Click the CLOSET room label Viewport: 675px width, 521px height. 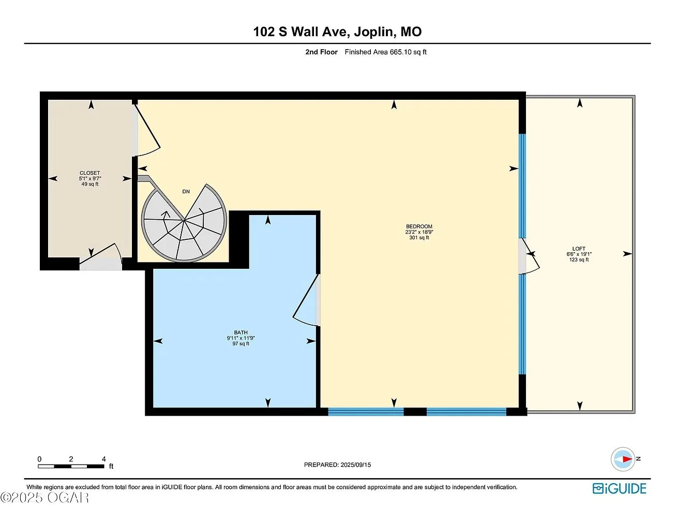click(x=90, y=173)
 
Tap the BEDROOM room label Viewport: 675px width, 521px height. click(x=419, y=226)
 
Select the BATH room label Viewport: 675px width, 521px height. click(x=241, y=332)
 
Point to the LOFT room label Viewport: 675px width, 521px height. click(x=579, y=249)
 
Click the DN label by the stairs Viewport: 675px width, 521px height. click(x=186, y=191)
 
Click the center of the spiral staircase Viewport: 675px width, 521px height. click(x=184, y=221)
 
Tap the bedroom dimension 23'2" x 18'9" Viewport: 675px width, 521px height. click(x=419, y=232)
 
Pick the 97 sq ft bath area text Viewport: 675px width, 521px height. click(x=241, y=344)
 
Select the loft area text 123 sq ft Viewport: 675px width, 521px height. click(x=579, y=259)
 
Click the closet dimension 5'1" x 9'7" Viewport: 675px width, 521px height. click(x=90, y=178)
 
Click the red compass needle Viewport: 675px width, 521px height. click(x=627, y=459)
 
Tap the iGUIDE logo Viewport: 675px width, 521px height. click(x=619, y=488)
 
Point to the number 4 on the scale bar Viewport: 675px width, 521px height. click(x=104, y=459)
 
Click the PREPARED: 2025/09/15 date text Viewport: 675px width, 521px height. click(x=337, y=465)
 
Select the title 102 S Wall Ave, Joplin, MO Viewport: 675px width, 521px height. click(x=337, y=32)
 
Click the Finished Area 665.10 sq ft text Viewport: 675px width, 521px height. click(x=385, y=52)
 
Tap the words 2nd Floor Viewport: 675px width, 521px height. click(x=321, y=52)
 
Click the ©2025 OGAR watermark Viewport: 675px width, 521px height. click(x=44, y=498)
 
